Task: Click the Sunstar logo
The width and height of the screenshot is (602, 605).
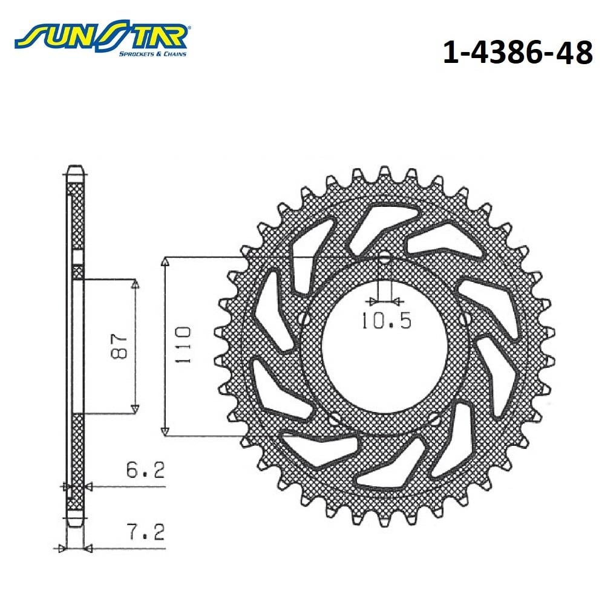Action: coord(101,38)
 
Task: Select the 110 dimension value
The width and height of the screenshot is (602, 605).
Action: coord(183,345)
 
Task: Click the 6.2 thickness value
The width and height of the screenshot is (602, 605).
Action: coord(145,469)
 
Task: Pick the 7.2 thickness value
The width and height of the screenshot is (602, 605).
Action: coord(145,531)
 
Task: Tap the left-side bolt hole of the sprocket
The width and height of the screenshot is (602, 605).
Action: coord(304,318)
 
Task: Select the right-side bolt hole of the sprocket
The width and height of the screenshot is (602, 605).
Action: coord(466,318)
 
